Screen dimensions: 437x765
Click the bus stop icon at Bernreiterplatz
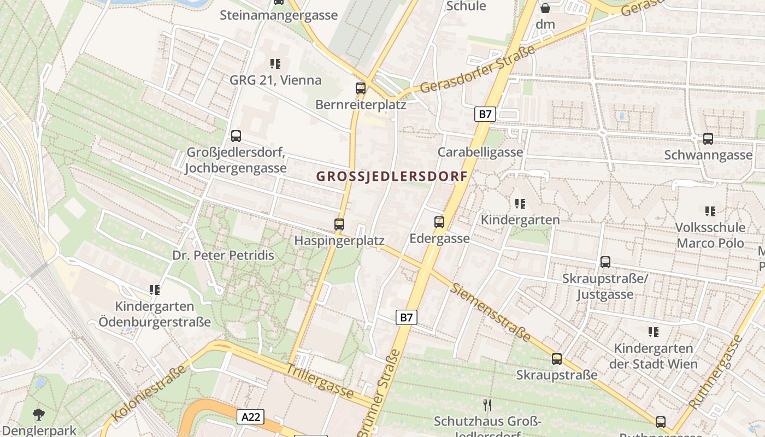[x=360, y=88]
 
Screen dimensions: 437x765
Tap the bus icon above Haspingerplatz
[x=339, y=224]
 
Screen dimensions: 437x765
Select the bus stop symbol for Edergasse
[x=439, y=222]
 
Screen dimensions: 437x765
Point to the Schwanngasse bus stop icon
[x=708, y=139]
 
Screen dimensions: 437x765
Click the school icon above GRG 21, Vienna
[x=275, y=64]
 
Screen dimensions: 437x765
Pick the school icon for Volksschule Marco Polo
[x=710, y=211]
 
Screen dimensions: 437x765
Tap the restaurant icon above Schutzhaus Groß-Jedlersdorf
[x=487, y=405]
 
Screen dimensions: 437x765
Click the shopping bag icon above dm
[x=545, y=8]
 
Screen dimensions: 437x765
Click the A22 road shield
[x=251, y=417]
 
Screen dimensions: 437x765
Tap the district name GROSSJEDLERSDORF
[x=392, y=176]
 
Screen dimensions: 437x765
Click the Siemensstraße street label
[x=490, y=312]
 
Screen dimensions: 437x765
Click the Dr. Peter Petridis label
[x=223, y=255]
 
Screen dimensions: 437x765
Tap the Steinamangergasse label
[x=279, y=15]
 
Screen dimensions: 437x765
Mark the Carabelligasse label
[x=480, y=152]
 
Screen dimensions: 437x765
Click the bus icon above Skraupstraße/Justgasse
[x=605, y=262]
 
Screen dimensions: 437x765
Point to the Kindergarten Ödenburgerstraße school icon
[x=155, y=290]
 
